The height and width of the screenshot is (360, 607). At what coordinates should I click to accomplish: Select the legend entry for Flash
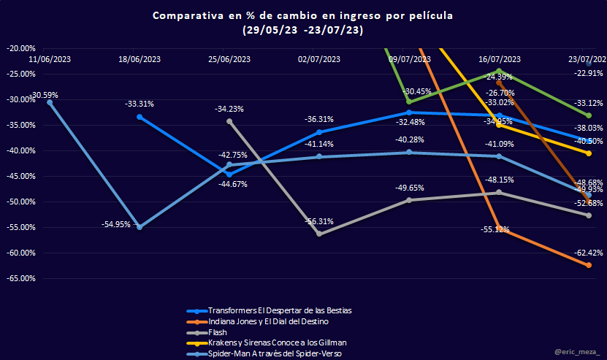pyautogui.click(x=218, y=332)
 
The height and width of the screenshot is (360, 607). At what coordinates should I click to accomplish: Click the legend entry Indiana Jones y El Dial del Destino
pyautogui.click(x=268, y=321)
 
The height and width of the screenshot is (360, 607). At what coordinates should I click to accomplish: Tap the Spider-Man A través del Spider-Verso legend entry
pyautogui.click(x=275, y=353)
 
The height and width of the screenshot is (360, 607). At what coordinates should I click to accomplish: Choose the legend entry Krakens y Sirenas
pyautogui.click(x=277, y=342)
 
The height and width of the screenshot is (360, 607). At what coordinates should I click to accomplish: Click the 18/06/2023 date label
pyautogui.click(x=140, y=60)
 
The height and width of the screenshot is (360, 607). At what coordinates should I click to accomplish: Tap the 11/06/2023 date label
pyautogui.click(x=50, y=60)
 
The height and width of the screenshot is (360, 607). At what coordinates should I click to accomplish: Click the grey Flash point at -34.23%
pyautogui.click(x=229, y=121)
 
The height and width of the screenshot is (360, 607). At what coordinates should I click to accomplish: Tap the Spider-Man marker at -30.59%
pyautogui.click(x=50, y=102)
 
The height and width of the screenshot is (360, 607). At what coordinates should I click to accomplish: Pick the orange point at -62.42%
pyautogui.click(x=589, y=265)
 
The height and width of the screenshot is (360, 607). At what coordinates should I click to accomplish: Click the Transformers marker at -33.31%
pyautogui.click(x=140, y=117)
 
